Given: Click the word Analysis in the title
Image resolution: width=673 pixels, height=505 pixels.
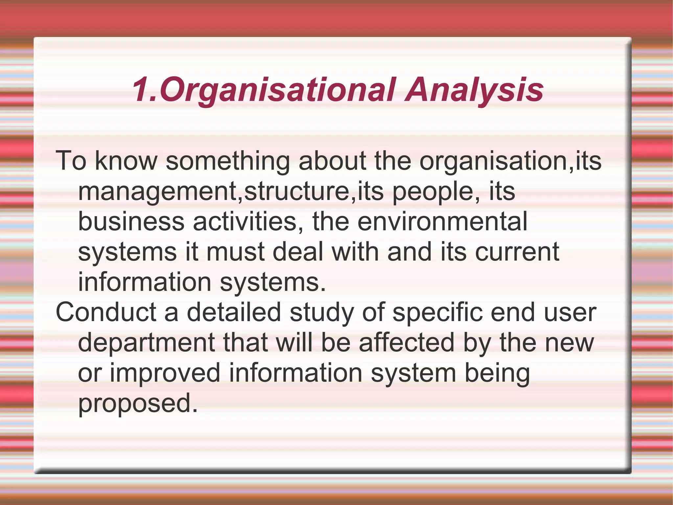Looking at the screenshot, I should click(474, 89).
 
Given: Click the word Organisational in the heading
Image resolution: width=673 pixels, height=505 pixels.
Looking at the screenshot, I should click(278, 89).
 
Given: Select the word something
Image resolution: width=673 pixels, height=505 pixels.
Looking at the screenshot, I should click(228, 161).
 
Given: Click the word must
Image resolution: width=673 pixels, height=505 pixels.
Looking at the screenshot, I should click(235, 252).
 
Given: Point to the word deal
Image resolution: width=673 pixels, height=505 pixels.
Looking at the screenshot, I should click(298, 252).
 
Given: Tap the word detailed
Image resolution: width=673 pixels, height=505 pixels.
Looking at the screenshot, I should click(234, 312).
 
